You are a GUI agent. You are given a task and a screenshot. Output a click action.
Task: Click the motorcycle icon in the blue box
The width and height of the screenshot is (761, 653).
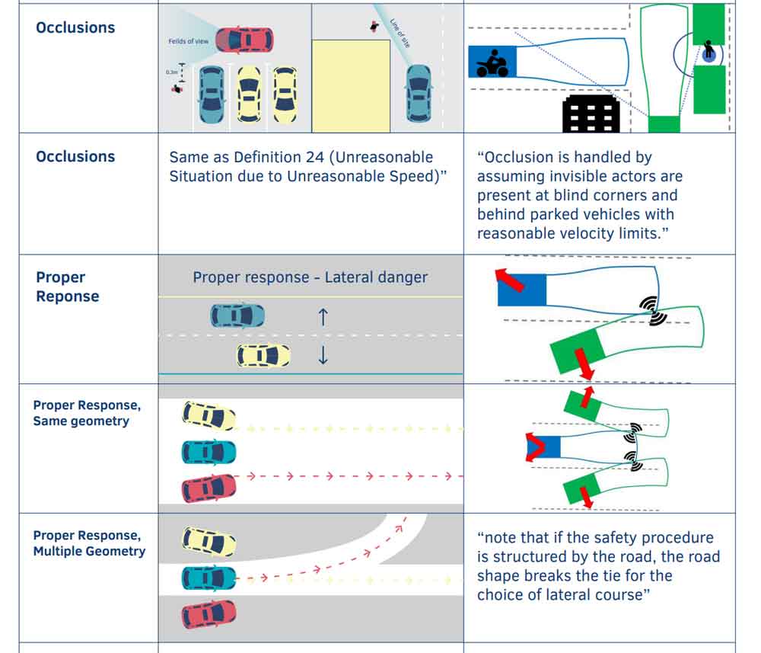492,62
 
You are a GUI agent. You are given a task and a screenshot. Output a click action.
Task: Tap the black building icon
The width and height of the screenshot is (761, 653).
591,114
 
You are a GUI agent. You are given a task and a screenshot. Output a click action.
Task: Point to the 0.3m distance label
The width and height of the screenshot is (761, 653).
172,72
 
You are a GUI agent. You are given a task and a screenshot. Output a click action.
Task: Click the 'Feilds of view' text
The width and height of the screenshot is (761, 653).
189,41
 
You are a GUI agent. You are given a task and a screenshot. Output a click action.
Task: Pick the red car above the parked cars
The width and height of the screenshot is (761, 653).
244,39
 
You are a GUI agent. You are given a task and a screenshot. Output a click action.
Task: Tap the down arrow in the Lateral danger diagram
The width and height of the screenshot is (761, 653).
323,355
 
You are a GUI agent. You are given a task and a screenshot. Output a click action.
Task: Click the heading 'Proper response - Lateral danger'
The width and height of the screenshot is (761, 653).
310,277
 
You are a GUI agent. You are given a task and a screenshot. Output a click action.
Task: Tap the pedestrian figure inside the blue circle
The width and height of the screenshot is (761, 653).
709,51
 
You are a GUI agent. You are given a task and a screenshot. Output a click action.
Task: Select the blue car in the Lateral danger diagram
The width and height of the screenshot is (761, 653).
237,315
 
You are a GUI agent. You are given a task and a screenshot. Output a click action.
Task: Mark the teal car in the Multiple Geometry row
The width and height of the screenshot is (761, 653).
209,578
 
